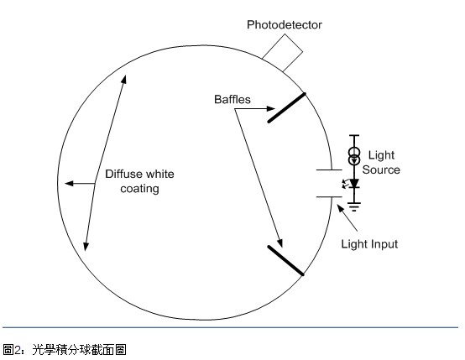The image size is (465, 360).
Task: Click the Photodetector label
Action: (x=284, y=25)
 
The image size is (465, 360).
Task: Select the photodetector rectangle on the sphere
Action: (x=282, y=53)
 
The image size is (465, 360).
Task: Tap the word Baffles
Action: (x=232, y=99)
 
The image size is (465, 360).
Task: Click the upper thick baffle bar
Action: (x=286, y=107)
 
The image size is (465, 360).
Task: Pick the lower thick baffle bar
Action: (x=285, y=261)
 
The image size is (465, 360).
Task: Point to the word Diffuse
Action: (x=123, y=174)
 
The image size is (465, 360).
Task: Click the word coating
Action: (x=139, y=189)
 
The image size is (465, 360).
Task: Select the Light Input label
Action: (x=369, y=244)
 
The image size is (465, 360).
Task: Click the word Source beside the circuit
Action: (x=381, y=170)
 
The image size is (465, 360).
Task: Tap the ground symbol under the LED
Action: (x=354, y=206)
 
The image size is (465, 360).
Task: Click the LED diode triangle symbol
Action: (x=354, y=183)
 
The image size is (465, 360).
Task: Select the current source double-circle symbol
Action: (x=354, y=156)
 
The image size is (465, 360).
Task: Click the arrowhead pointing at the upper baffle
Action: (x=271, y=108)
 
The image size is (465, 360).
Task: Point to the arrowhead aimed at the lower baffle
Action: (x=280, y=243)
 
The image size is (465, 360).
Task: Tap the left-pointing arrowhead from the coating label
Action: (x=69, y=184)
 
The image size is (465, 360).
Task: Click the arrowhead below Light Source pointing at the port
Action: (x=341, y=208)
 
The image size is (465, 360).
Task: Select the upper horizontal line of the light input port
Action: (x=329, y=170)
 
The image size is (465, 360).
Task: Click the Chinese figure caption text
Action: (x=65, y=350)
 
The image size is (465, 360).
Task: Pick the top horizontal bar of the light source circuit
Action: (x=354, y=135)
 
